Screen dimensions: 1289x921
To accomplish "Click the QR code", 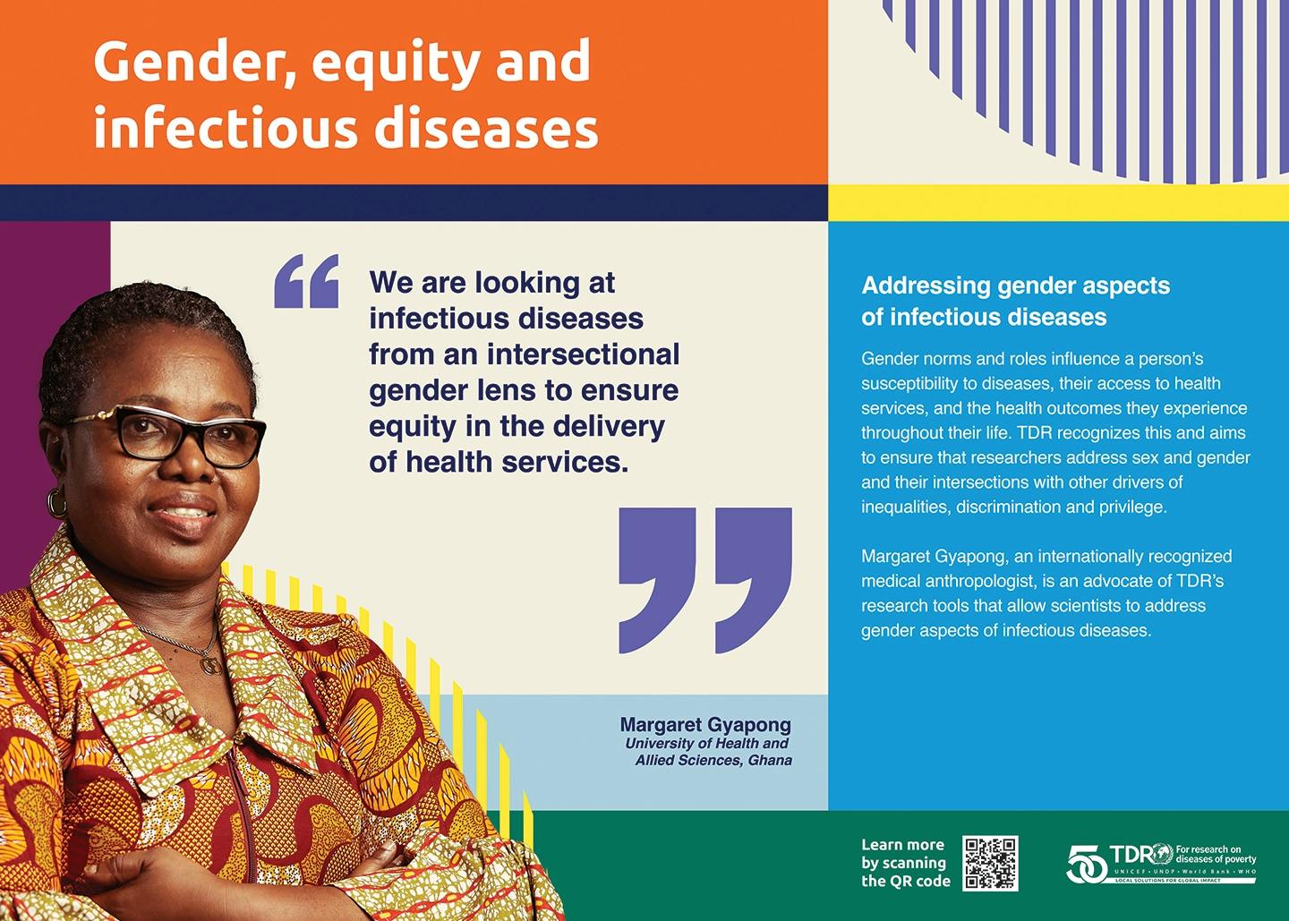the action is pos(990,864).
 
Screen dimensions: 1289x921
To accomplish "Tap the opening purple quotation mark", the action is pos(306,281).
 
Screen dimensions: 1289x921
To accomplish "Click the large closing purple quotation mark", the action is pos(705,580).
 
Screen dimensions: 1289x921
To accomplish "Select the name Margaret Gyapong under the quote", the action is pos(705,725).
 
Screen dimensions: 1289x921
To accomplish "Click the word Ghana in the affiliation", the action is pos(771,761).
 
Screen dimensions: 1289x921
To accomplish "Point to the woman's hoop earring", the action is pos(56,501).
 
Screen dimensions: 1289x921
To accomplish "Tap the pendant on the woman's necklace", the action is pos(210,665).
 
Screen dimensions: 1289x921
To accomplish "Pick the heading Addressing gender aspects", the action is pos(1016,286).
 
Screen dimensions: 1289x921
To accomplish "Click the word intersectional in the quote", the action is pos(584,354).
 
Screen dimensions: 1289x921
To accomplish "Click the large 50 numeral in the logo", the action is pos(1087,864).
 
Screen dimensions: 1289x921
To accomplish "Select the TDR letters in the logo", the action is pos(1133,854).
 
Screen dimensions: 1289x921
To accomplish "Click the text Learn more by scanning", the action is pos(904,854).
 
